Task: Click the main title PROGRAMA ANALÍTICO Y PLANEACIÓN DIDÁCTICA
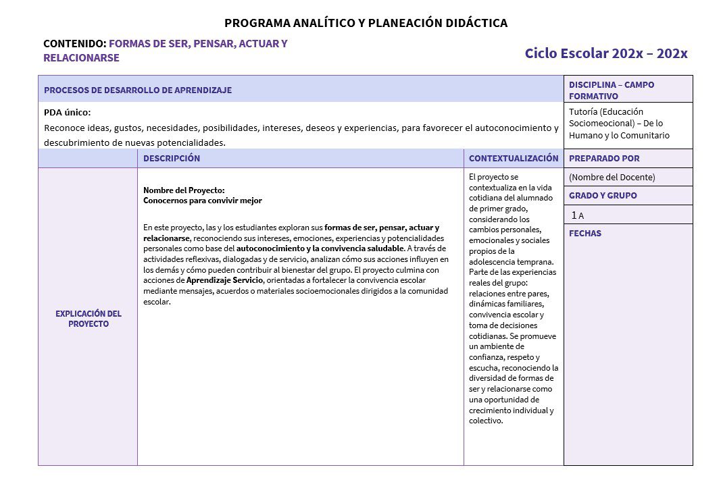pyautogui.click(x=366, y=23)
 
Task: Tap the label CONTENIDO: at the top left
pyautogui.click(x=74, y=44)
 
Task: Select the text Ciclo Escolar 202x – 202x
pyautogui.click(x=605, y=53)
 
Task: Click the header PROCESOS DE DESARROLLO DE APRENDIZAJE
pyautogui.click(x=138, y=90)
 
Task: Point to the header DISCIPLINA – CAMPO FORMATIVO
pyautogui.click(x=611, y=90)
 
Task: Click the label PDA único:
pyautogui.click(x=67, y=112)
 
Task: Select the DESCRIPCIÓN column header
pyautogui.click(x=172, y=159)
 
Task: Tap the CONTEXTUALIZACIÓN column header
pyautogui.click(x=514, y=159)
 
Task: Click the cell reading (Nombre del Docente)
pyautogui.click(x=612, y=178)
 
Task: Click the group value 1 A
pyautogui.click(x=578, y=215)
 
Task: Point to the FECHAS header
pyautogui.click(x=585, y=234)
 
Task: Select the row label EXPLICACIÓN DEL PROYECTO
pyautogui.click(x=88, y=319)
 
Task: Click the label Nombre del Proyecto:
pyautogui.click(x=184, y=190)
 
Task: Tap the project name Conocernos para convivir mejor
pyautogui.click(x=202, y=201)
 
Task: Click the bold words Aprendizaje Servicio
pyautogui.click(x=224, y=280)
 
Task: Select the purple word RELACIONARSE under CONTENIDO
pyautogui.click(x=81, y=58)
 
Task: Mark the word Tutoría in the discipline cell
pyautogui.click(x=585, y=111)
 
